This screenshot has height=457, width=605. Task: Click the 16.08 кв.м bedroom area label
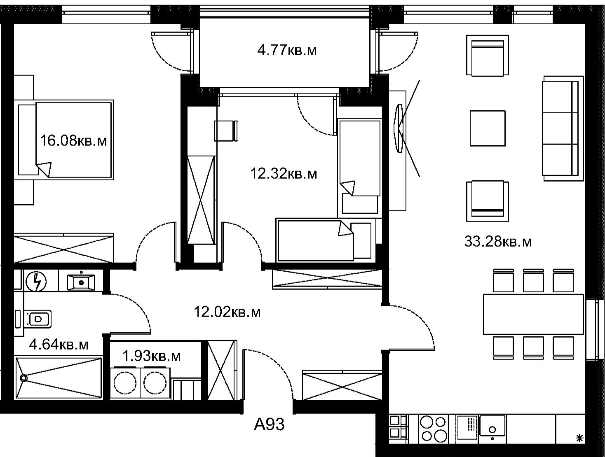73,141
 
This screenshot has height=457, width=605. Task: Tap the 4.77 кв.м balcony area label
287,51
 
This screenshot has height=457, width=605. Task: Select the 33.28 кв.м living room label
498,242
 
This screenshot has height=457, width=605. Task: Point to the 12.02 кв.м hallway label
227,312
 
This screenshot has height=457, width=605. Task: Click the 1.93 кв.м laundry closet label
151,357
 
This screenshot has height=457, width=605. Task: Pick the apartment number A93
269,424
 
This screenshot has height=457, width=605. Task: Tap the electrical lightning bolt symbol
36,282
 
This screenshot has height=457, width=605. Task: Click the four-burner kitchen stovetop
433,429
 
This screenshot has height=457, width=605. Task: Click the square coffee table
487,128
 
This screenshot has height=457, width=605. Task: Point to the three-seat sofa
563,128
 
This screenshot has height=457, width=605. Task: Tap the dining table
533,315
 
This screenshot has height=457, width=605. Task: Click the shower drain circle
24,378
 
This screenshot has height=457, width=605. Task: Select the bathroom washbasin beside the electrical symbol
81,282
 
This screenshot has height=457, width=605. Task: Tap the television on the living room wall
398,128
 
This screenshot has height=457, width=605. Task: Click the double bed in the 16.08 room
66,140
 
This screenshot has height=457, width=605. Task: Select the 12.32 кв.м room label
284,174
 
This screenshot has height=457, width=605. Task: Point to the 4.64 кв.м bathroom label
59,345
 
